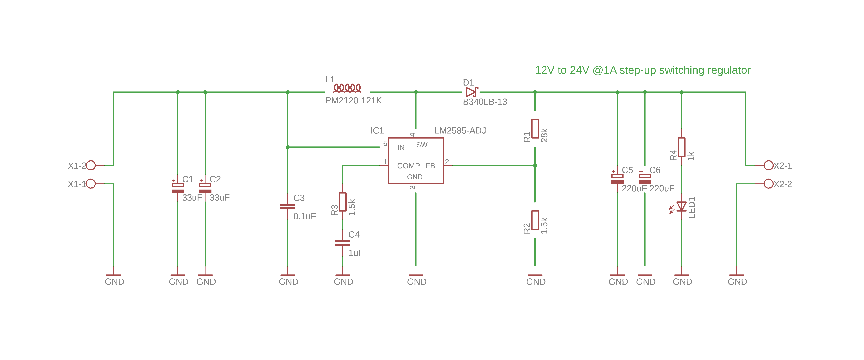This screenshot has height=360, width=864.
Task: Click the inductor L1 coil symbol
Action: [x=347, y=88]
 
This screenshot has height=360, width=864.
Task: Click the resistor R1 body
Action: [x=535, y=128]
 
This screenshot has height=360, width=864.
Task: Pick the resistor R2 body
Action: [x=535, y=220]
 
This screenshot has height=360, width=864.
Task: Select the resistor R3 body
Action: [x=342, y=202]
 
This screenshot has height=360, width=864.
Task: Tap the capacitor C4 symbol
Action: [x=342, y=243]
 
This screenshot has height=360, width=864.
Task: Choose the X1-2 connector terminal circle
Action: [x=91, y=165]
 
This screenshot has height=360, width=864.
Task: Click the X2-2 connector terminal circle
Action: [x=768, y=184]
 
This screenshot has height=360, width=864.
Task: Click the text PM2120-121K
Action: [x=353, y=101]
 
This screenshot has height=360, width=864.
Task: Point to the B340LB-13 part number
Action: [x=485, y=102]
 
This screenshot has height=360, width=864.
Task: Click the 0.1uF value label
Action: [x=305, y=216]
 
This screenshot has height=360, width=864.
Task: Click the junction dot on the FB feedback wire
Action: [x=535, y=165]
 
